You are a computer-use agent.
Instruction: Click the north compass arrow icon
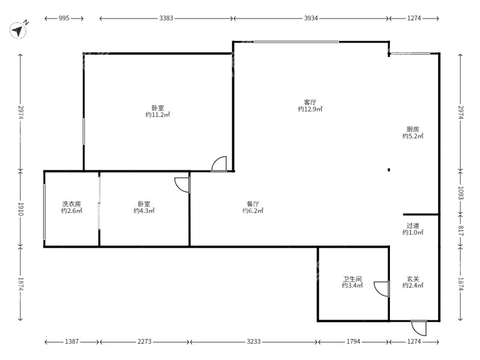[x=18, y=31]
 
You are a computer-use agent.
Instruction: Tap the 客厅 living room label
[x=310, y=102]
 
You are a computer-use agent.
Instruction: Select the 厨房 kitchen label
[x=413, y=129]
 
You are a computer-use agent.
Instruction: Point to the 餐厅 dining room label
[x=253, y=204]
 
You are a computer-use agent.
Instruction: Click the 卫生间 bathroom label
[x=352, y=279]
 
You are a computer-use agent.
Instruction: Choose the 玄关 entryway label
[x=413, y=279]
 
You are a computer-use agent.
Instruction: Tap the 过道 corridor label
[x=413, y=226]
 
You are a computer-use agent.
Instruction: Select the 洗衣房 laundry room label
[x=71, y=204]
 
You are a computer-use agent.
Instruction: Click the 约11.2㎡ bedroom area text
[x=158, y=115]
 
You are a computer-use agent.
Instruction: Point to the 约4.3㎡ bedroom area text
[x=144, y=211]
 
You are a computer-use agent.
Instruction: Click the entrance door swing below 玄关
[x=419, y=328]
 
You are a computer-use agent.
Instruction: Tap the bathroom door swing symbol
[x=382, y=289]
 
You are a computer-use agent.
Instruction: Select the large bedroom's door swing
[x=219, y=164]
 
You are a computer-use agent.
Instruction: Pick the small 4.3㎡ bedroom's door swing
[x=182, y=185]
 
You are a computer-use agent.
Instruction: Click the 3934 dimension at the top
[x=311, y=18]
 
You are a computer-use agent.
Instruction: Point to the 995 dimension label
[x=64, y=18]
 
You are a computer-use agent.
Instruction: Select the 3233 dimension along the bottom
[x=253, y=341]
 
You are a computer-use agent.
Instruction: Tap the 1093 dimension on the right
[x=461, y=193]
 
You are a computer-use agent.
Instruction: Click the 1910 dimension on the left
[x=20, y=209]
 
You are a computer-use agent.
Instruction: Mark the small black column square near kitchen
[x=389, y=170]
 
